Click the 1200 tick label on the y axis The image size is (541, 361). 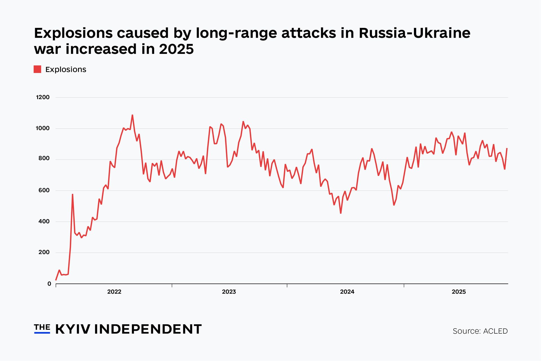click(43, 97)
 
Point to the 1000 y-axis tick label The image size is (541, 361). click(43, 128)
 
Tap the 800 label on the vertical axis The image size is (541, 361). click(44, 159)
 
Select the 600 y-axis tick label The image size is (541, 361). click(44, 190)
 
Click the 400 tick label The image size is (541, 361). click(44, 221)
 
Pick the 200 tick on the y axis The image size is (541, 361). click(44, 252)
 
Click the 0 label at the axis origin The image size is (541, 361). click(49, 284)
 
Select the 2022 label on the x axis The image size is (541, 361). click(114, 292)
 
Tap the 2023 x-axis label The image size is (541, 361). click(229, 292)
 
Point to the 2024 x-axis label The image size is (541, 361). click(347, 292)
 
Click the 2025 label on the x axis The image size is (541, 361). click(459, 292)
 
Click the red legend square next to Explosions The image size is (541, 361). click(37, 69)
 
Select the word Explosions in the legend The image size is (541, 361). click(66, 69)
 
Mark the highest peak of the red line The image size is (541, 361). click(132, 115)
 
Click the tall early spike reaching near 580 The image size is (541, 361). click(72, 194)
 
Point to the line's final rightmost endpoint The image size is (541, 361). click(507, 148)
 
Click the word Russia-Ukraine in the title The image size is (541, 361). click(414, 33)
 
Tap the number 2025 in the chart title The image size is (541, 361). click(176, 49)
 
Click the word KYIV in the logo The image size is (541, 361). click(73, 329)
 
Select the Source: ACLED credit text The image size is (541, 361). click(480, 331)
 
